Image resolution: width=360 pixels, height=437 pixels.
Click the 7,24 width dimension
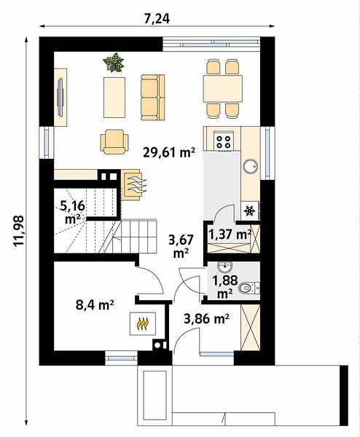click(x=157, y=19)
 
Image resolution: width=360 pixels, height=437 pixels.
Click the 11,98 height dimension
click(x=19, y=231)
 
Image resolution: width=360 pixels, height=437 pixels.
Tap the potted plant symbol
click(x=114, y=63)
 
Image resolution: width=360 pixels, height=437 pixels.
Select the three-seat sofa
click(x=153, y=98)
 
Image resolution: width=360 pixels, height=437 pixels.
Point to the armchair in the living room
click(x=114, y=141)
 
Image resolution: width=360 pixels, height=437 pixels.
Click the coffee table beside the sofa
click(x=114, y=98)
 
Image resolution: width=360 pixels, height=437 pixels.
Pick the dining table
click(x=223, y=88)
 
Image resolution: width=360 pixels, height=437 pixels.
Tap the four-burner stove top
click(x=224, y=141)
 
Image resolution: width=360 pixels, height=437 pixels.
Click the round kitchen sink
click(x=251, y=167)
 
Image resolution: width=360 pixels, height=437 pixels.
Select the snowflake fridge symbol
click(x=249, y=211)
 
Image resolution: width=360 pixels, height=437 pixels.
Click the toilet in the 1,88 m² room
click(x=249, y=288)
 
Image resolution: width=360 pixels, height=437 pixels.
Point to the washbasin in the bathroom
click(x=224, y=267)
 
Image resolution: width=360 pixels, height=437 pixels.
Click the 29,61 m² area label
click(x=169, y=153)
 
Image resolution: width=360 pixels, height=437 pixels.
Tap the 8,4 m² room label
click(x=95, y=304)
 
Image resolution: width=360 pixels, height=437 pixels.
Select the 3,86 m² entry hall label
click(x=207, y=319)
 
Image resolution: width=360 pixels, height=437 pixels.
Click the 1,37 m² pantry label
click(x=230, y=235)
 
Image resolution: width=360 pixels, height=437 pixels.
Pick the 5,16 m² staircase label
click(x=72, y=213)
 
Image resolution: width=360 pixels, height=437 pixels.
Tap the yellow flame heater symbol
click(x=143, y=323)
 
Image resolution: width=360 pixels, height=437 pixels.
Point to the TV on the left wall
click(x=60, y=97)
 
